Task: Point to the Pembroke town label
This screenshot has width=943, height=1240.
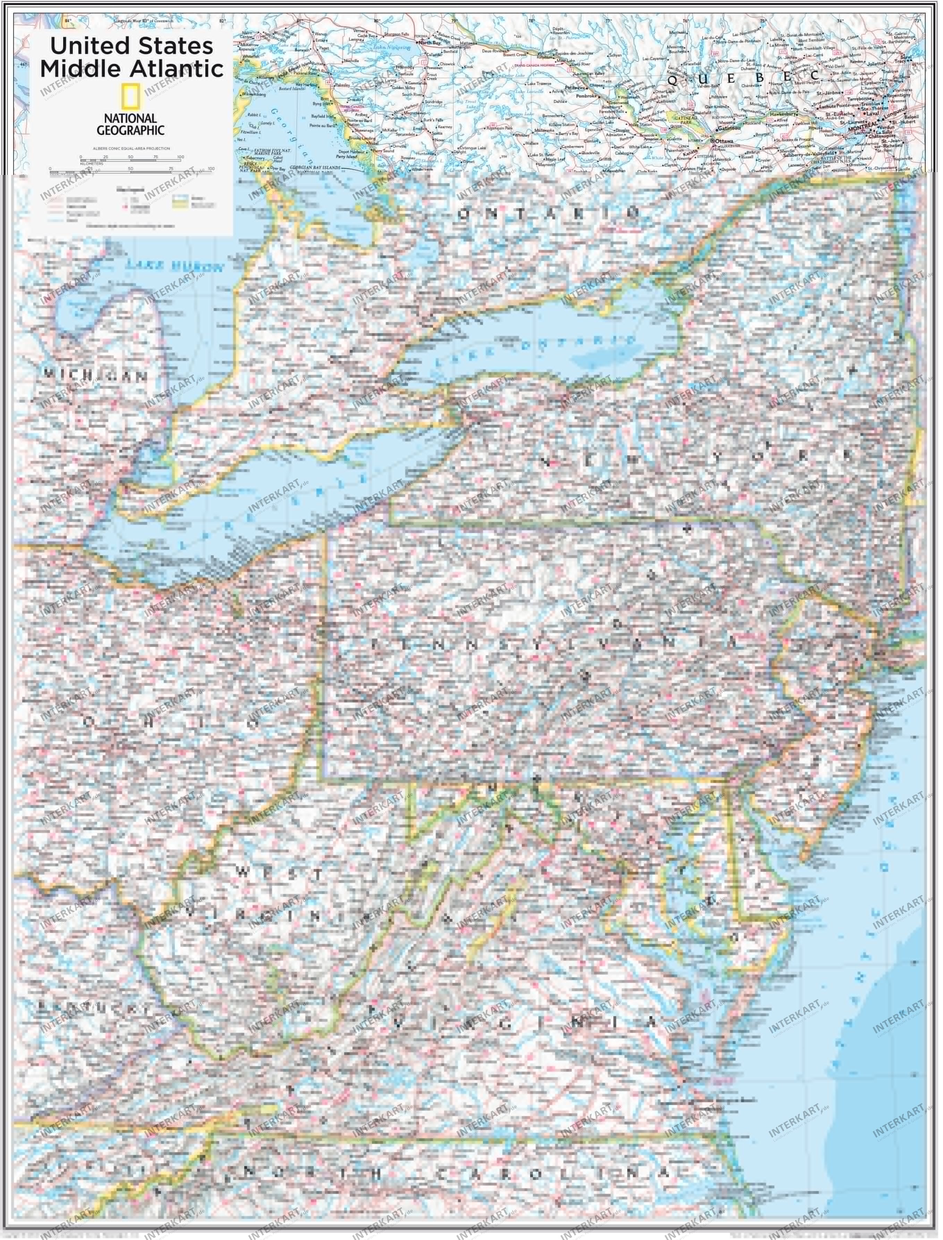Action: click(x=586, y=96)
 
